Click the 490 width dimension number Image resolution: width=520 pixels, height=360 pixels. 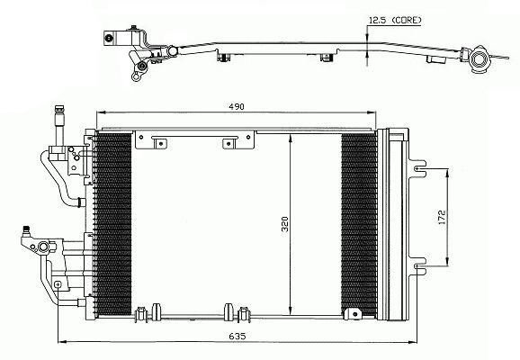[x=235, y=106]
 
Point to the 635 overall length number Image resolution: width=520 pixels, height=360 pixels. [x=237, y=335]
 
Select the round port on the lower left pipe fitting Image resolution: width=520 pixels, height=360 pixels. [x=40, y=246]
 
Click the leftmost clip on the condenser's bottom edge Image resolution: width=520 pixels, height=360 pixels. [x=140, y=313]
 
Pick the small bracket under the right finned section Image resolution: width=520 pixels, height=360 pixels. [x=352, y=313]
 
